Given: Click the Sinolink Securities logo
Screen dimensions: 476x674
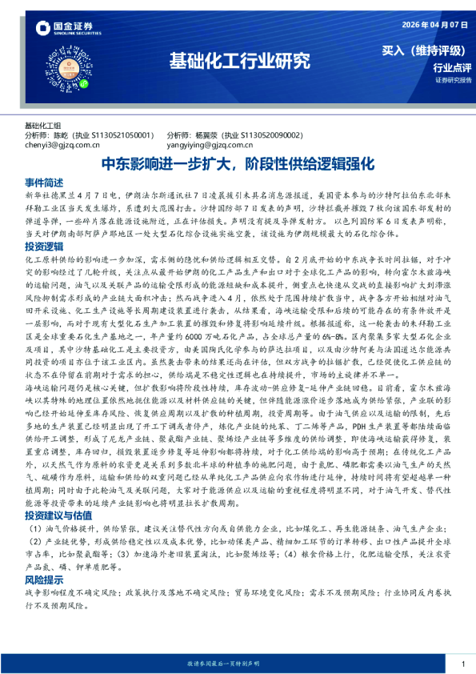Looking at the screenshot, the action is click(x=68, y=30).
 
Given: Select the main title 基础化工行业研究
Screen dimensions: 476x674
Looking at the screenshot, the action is click(x=239, y=60).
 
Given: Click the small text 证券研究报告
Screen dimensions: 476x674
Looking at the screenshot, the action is click(x=454, y=81).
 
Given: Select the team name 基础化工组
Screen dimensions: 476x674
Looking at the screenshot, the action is click(x=43, y=126).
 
